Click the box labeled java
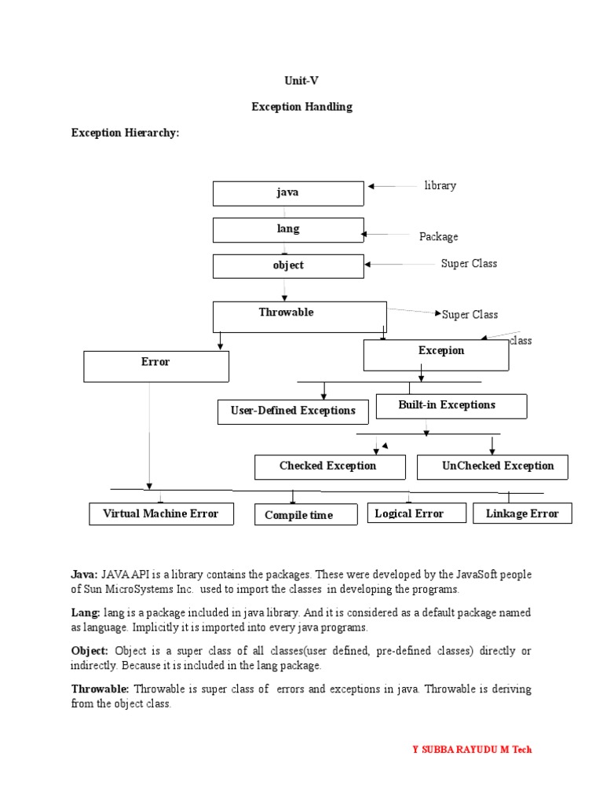(288, 193)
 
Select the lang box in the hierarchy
(288, 229)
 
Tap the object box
(288, 265)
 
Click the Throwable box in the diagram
(299, 316)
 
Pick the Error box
(156, 366)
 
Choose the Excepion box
(436, 355)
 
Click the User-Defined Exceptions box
(292, 411)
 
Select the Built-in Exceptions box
(451, 406)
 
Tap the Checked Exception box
(330, 466)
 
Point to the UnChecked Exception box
(492, 466)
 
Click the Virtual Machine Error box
(161, 514)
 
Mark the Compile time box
(299, 515)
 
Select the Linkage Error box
(522, 513)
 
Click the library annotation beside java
(440, 186)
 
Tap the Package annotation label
(439, 236)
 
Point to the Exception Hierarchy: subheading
(126, 133)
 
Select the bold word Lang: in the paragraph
(86, 612)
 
